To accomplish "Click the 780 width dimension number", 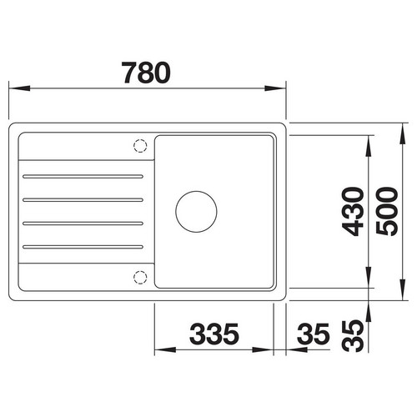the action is pos(146,73).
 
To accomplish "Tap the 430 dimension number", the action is pos(353,211).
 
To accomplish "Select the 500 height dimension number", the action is pos(387,211).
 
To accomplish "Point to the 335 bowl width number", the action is pos(214,334).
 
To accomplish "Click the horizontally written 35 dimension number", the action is pos(314,334).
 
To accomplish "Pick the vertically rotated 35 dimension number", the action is pos(353,336).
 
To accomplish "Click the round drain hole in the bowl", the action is pos(196,212).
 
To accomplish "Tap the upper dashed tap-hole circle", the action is pos(140,145).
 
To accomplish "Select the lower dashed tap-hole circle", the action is pos(140,277).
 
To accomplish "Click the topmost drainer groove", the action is pos(83,177).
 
